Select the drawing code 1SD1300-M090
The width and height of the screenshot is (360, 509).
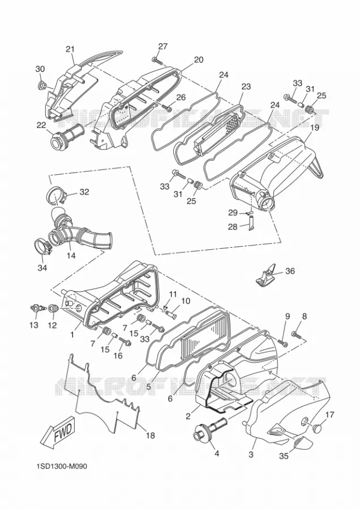point(62,467)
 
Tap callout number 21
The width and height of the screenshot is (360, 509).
point(70,49)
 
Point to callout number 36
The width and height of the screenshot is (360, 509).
point(290,270)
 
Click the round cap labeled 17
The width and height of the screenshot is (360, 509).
point(317,427)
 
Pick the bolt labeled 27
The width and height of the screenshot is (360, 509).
point(157,60)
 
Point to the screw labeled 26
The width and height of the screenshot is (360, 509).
point(168,108)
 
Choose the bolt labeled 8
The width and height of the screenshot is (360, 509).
point(297,334)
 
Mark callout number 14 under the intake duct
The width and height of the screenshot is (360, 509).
point(71,255)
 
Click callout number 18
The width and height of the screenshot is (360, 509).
point(150,435)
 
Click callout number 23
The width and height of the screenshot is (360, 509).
point(246,87)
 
